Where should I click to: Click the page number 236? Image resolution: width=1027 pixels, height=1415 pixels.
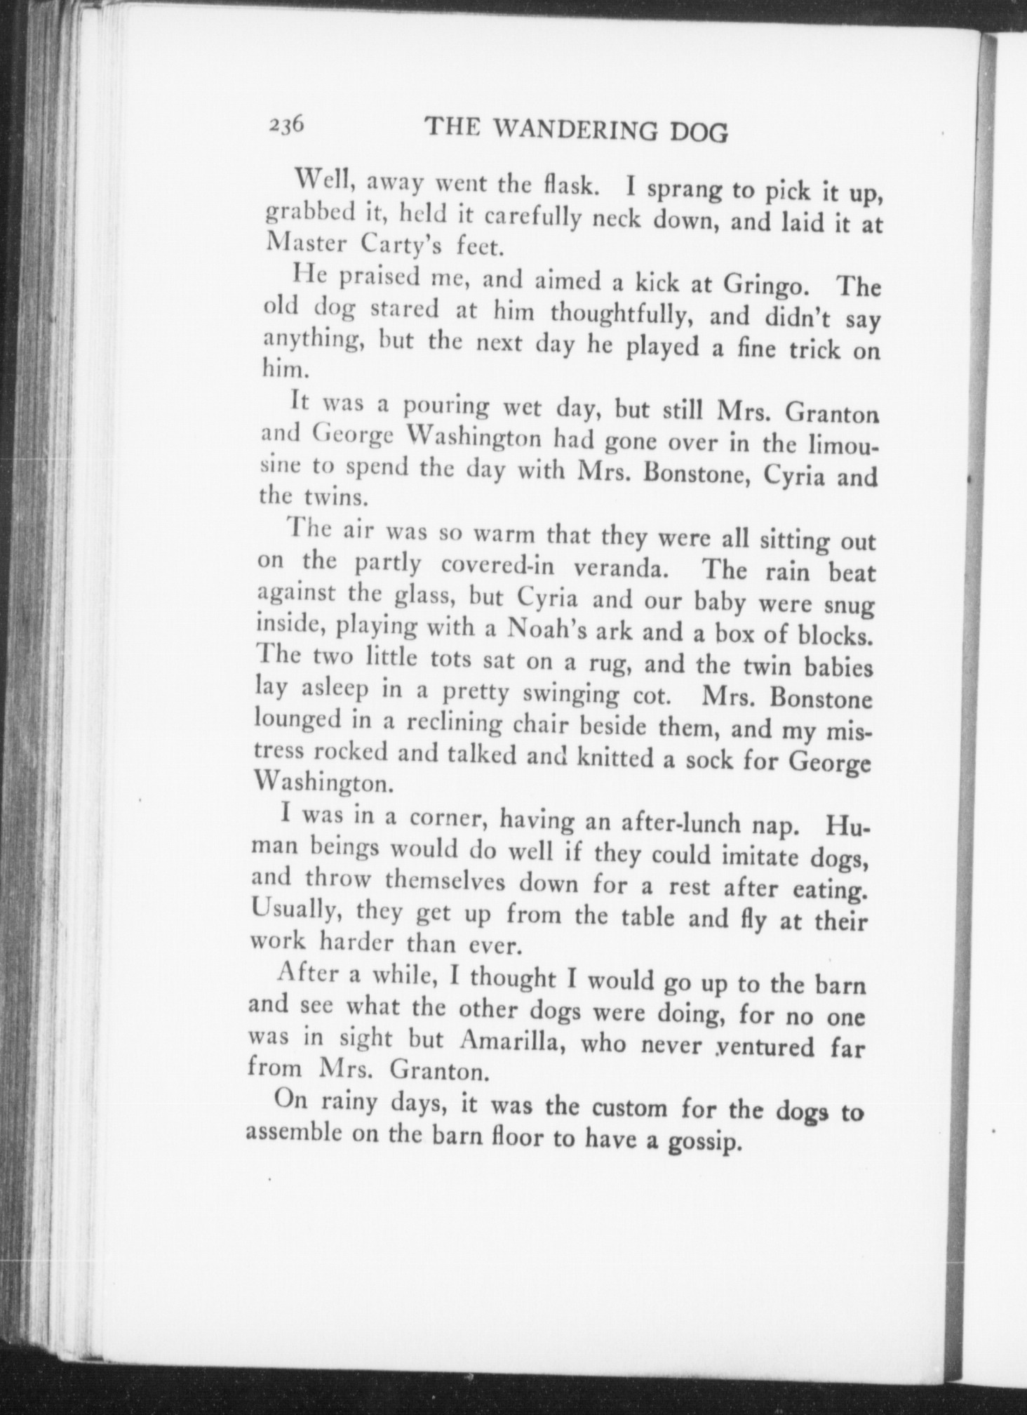(285, 126)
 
